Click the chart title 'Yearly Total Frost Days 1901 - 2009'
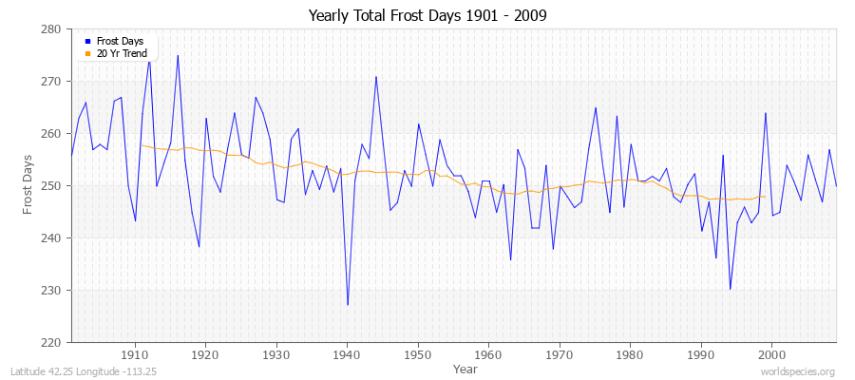click(427, 15)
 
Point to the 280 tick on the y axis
click(52, 29)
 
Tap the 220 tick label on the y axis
click(52, 342)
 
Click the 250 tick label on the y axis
click(52, 186)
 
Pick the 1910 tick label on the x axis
click(135, 354)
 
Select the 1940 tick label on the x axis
click(347, 354)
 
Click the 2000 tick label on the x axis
click(771, 354)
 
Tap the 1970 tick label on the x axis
click(560, 354)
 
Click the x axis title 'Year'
click(465, 368)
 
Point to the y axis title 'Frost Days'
click(28, 186)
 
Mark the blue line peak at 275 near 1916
click(178, 55)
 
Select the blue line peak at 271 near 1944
click(376, 76)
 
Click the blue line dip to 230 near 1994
click(730, 289)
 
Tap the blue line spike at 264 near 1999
click(765, 113)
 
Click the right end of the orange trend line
click(765, 197)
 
